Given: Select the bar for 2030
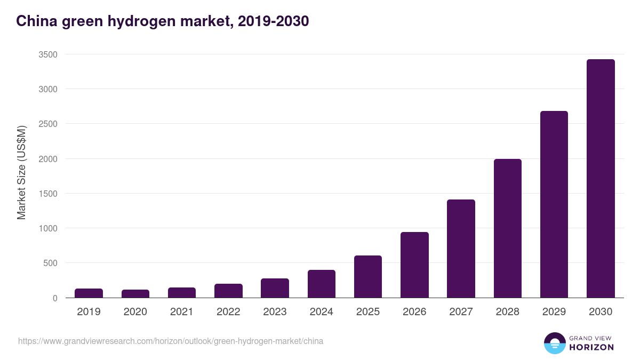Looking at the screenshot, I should coord(601,179).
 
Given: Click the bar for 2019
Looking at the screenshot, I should coord(89,293).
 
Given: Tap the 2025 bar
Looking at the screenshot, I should coord(368,277).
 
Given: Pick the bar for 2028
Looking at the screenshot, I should coord(508,228).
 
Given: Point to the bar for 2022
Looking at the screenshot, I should coord(228,291).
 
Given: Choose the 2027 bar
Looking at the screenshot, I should coord(461,249).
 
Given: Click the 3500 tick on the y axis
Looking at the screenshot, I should coord(48,54).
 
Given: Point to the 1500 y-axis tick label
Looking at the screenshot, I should coord(48,194).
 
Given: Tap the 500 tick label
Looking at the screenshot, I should coord(50,263).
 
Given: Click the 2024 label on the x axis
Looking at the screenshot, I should coord(322,312).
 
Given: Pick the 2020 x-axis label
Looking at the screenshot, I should coord(135,312).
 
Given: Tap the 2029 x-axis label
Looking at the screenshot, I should coord(554,312).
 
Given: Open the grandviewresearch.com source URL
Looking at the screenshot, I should coord(171,341).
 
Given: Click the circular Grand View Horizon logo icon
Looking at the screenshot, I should coord(555,343).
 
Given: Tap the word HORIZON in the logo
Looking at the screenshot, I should coord(591,347).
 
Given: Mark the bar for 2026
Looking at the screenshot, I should coord(414,265).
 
